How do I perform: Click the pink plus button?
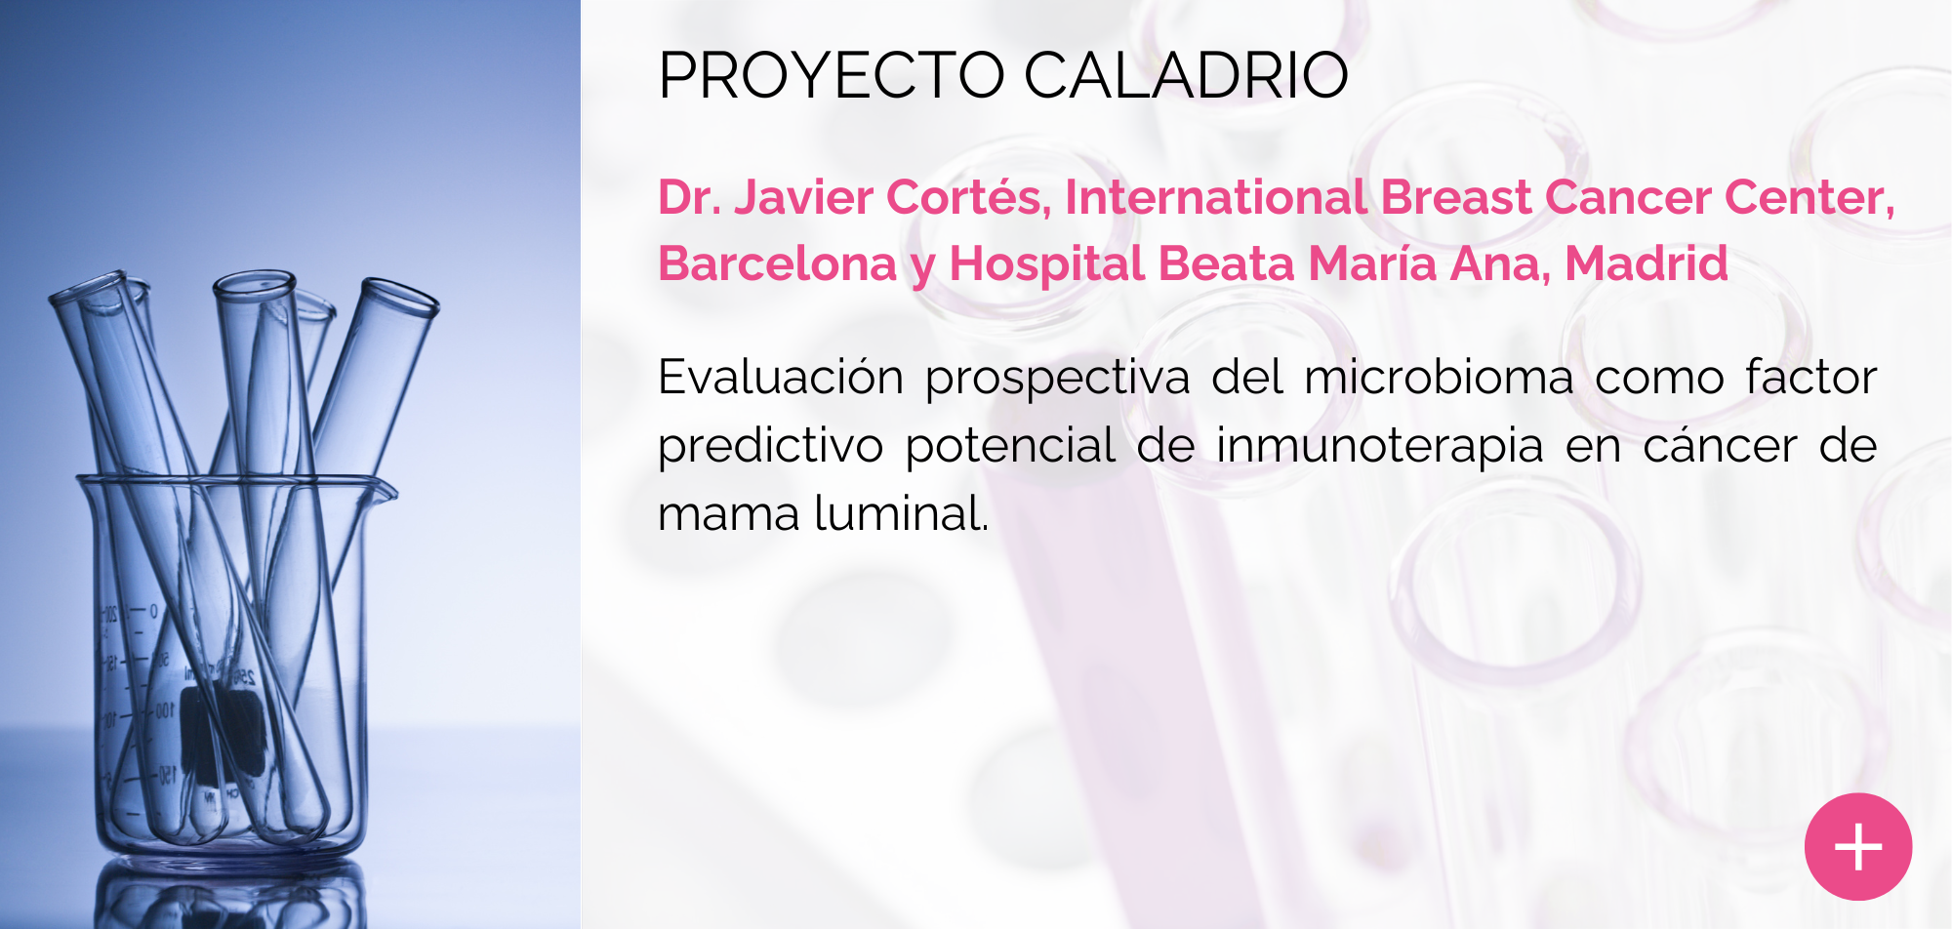(x=1857, y=846)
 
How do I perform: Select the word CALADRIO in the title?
(x=1186, y=75)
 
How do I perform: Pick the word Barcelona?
(x=777, y=263)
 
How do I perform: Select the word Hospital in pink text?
(x=1047, y=265)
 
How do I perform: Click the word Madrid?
(x=1647, y=263)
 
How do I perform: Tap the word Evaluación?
(x=781, y=377)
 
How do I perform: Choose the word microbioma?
(x=1439, y=377)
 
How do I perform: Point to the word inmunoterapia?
(x=1379, y=447)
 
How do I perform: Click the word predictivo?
(x=770, y=447)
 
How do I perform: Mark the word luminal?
(x=900, y=513)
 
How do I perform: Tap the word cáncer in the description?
(x=1720, y=445)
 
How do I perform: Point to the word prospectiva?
(x=1057, y=379)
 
